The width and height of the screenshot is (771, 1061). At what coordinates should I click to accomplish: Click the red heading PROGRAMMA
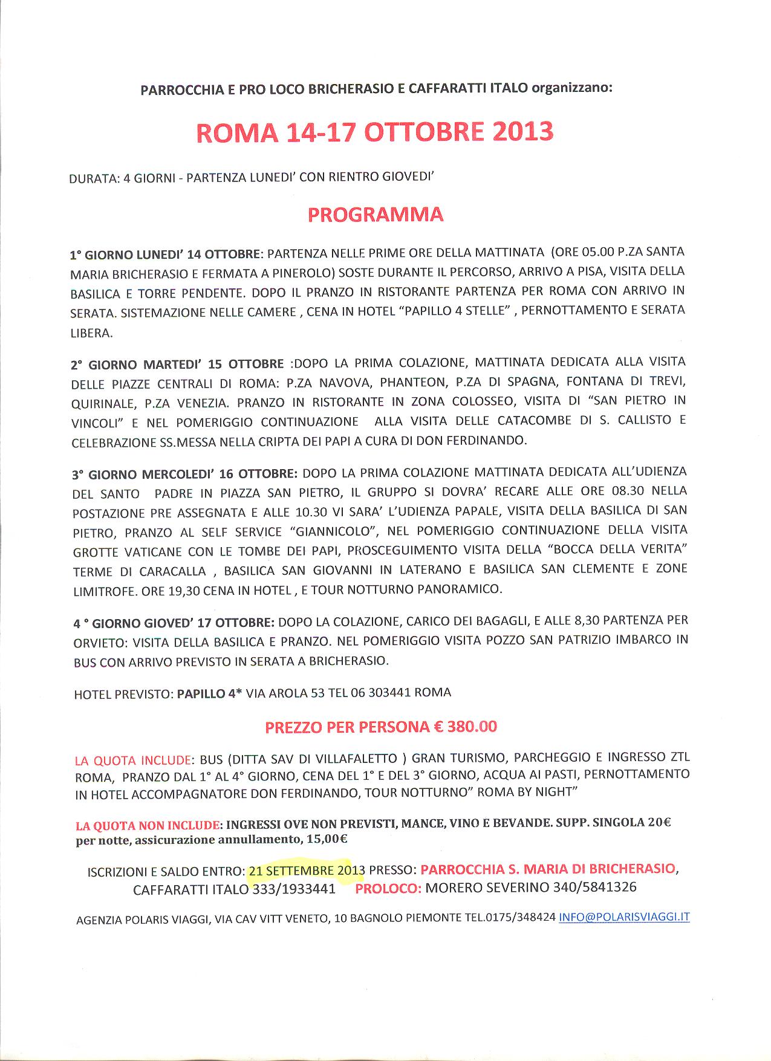point(375,215)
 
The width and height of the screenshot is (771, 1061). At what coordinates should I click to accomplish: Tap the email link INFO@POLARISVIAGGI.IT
point(624,917)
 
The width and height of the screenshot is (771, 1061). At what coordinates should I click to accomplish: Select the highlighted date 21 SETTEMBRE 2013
point(306,871)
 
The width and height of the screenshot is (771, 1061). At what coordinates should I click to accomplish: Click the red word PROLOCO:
point(388,888)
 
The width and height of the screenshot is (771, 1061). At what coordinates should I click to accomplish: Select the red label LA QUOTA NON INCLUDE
point(147,825)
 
